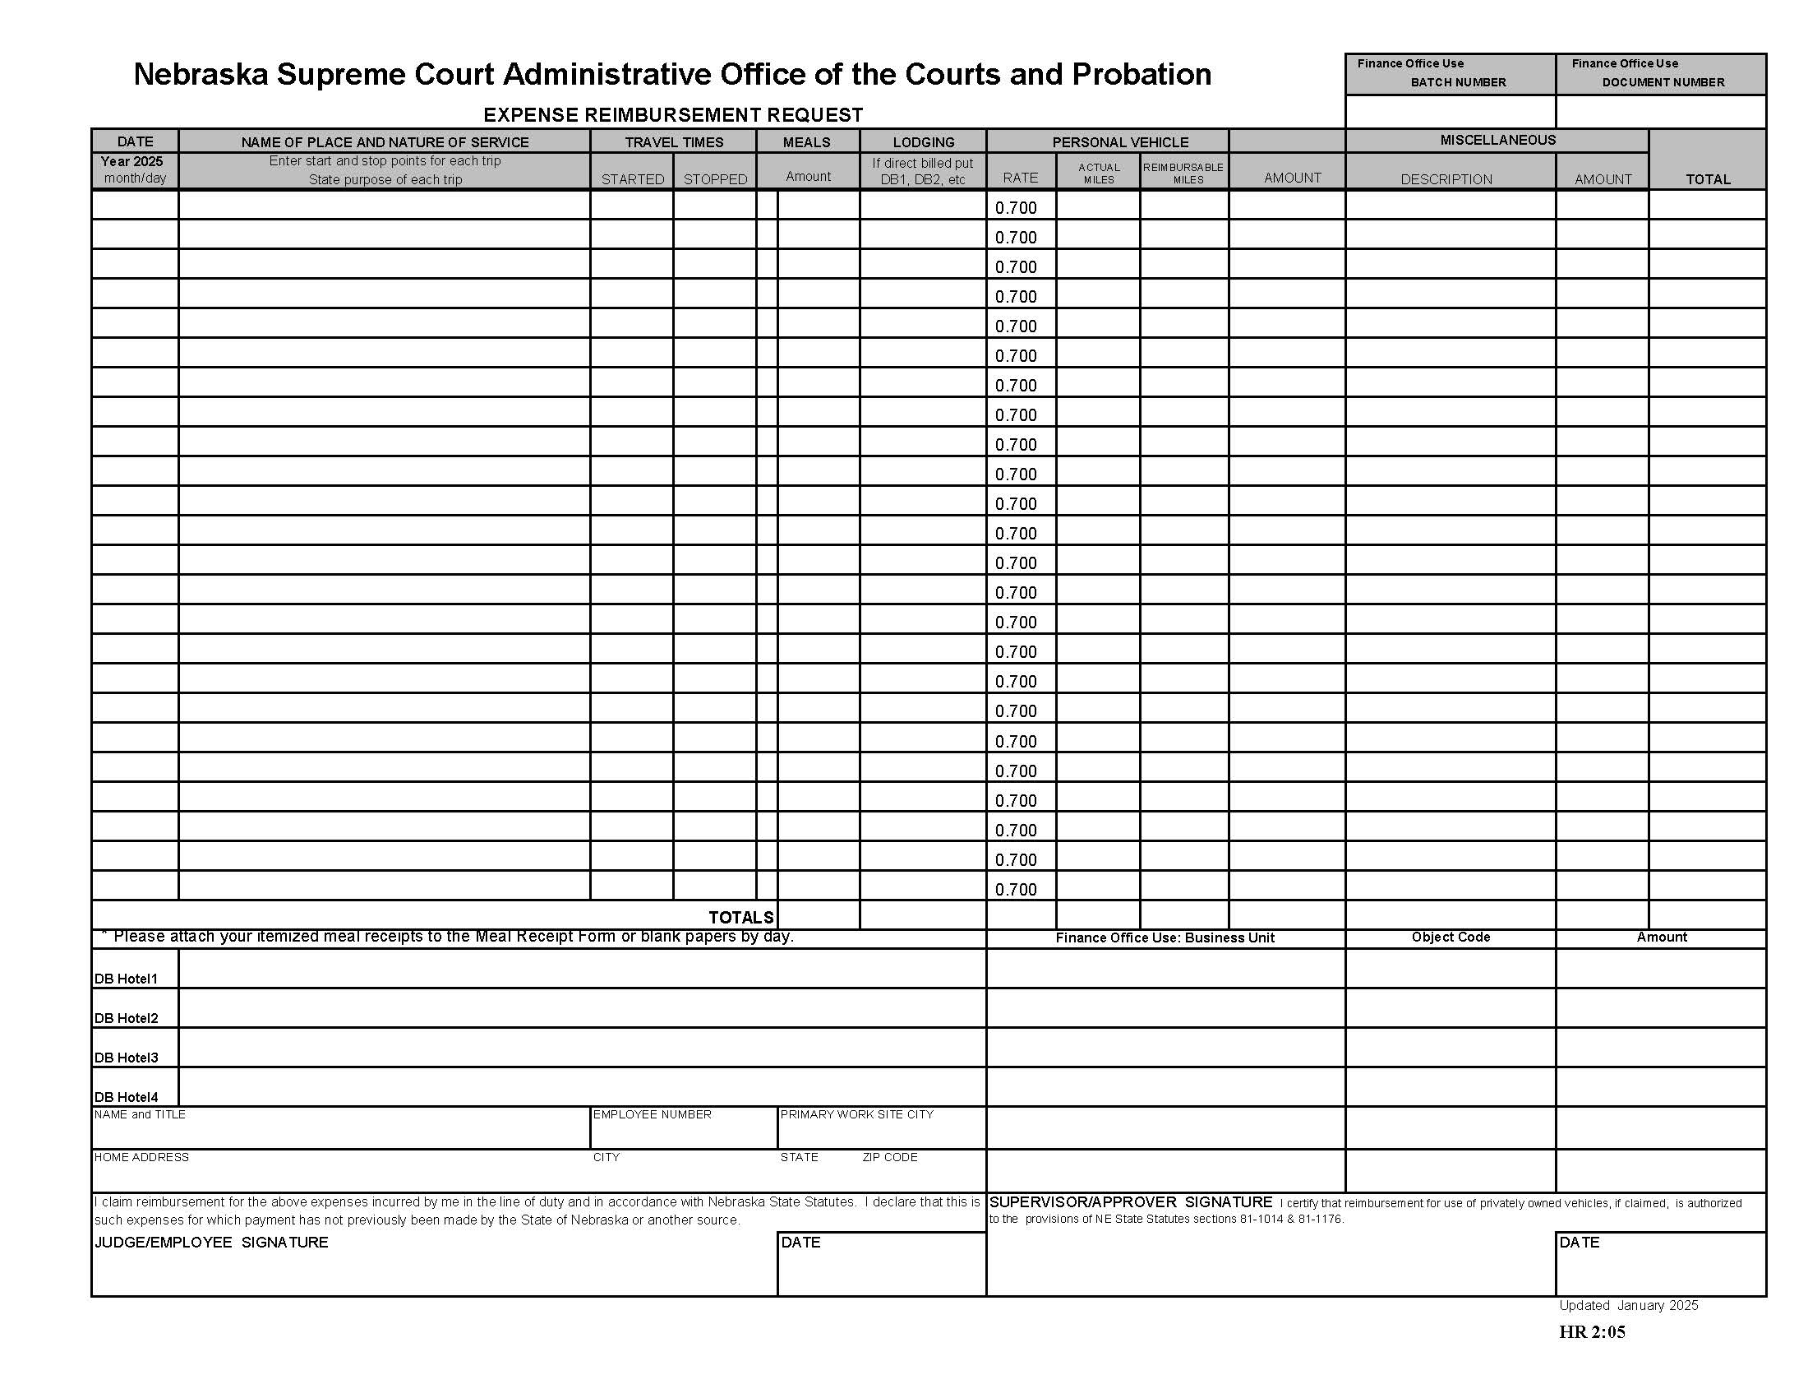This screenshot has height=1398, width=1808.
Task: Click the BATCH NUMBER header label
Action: (1458, 82)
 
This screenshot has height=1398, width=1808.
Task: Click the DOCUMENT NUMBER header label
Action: (1663, 82)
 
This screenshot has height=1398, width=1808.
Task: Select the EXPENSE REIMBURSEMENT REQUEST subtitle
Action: (672, 114)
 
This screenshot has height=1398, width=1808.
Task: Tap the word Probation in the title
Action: (1142, 75)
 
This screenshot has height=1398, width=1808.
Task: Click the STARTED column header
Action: (632, 179)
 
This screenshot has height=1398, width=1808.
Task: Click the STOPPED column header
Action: (714, 179)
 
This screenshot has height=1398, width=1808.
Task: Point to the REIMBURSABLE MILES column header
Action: (1183, 173)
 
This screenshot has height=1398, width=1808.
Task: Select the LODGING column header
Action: (923, 141)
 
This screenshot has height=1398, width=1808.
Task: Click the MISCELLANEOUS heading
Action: (1497, 140)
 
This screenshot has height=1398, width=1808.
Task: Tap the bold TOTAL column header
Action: (1707, 179)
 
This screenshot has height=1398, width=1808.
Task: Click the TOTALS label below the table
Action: (740, 917)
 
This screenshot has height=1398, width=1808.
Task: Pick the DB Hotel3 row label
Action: (126, 1058)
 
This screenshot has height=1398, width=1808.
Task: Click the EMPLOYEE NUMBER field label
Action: (652, 1114)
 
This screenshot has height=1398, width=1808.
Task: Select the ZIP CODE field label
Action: (889, 1157)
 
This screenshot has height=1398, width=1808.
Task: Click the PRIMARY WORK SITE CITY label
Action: (856, 1114)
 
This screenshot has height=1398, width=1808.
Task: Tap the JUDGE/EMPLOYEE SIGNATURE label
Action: (211, 1243)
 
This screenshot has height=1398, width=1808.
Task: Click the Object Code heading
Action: (1450, 937)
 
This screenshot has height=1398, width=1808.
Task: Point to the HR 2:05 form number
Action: (1591, 1331)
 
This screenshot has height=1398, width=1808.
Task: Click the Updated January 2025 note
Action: (1627, 1305)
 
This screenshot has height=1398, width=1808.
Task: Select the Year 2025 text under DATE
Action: (131, 161)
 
